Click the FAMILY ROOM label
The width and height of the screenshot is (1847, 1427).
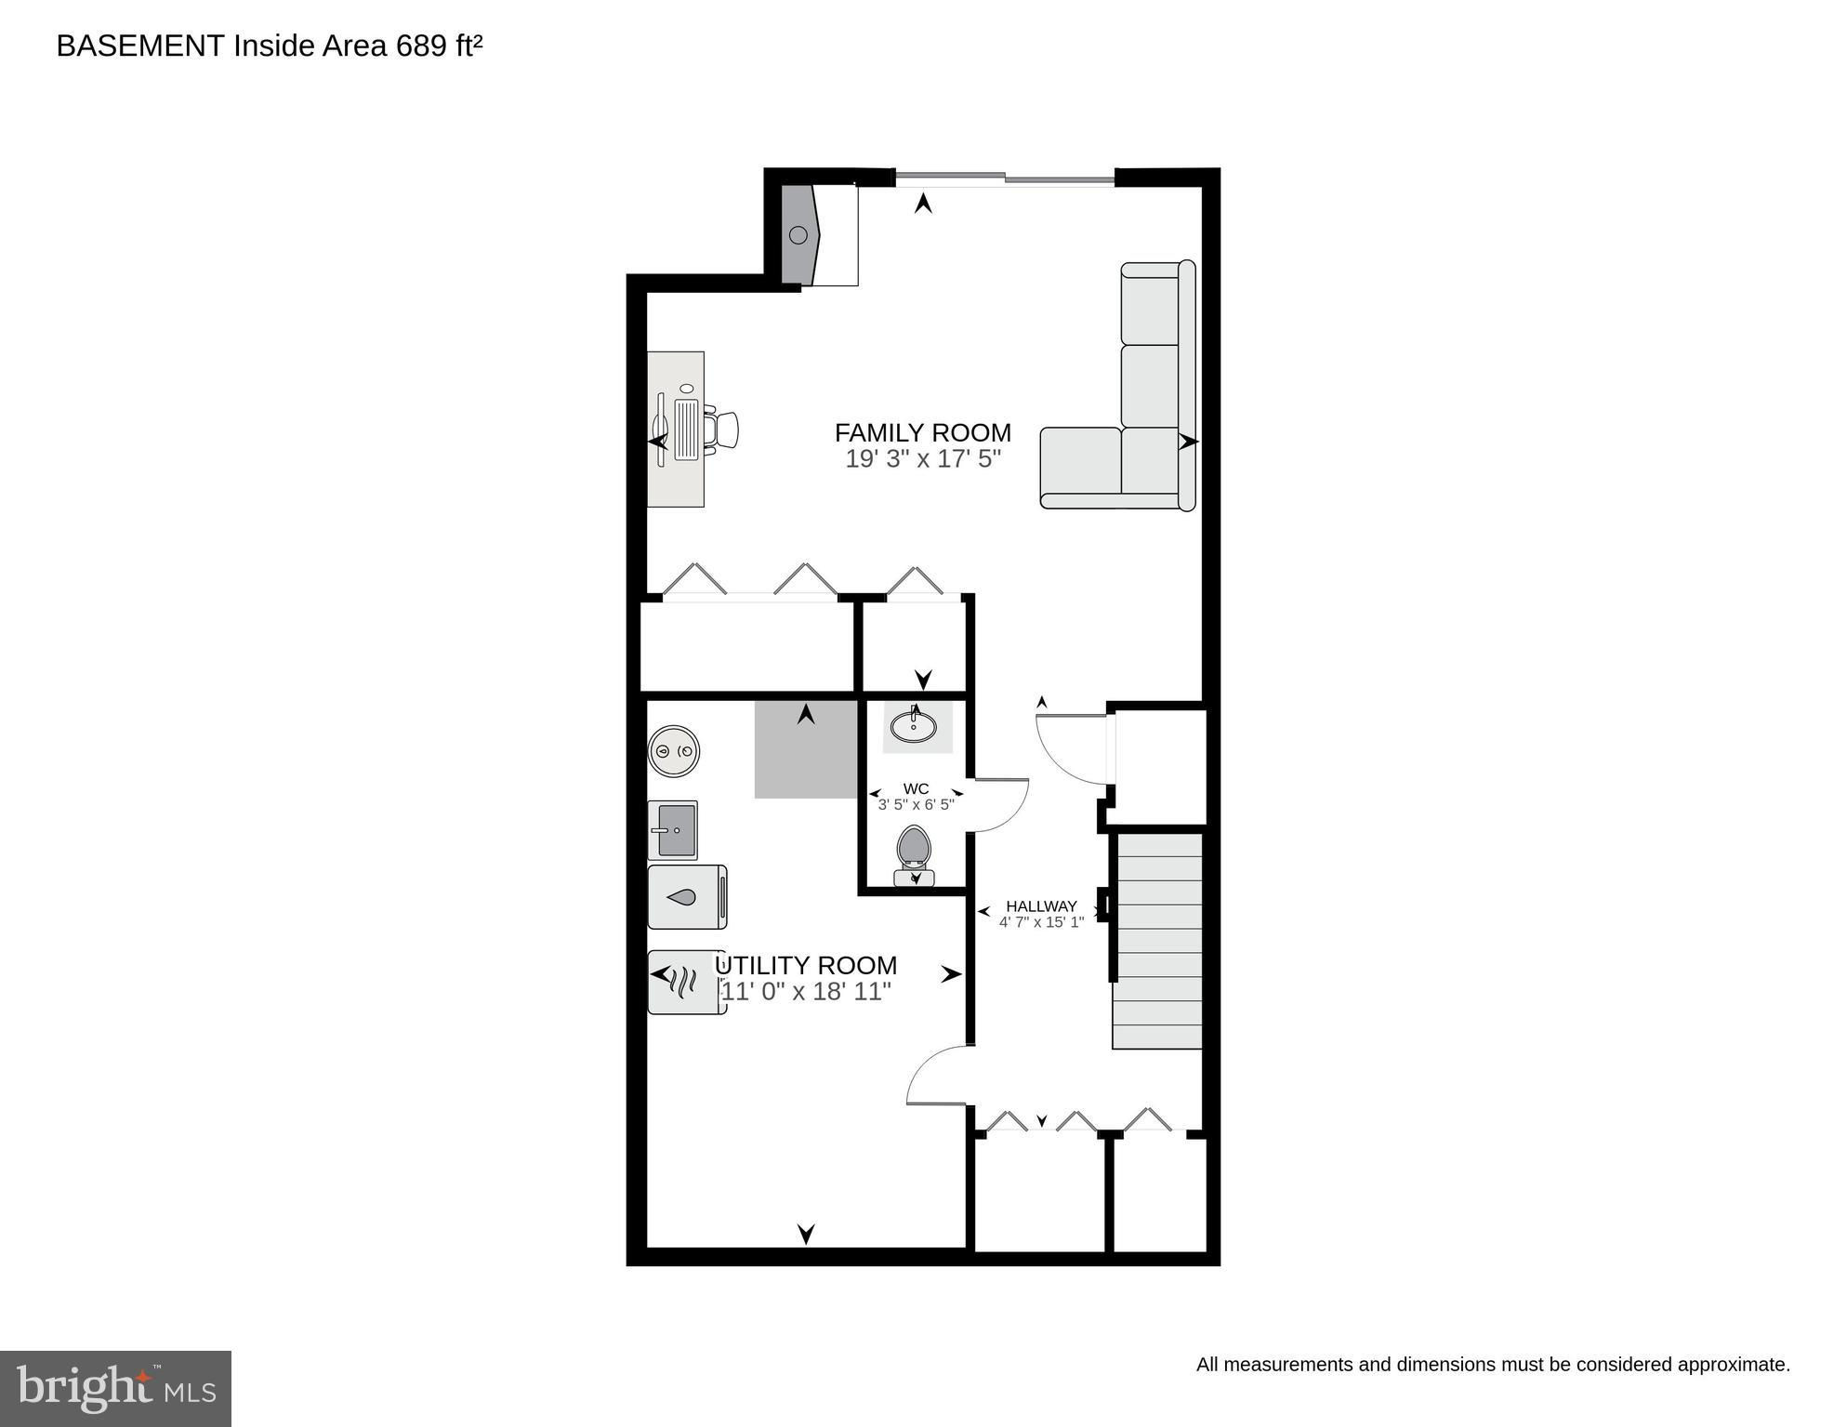(x=922, y=432)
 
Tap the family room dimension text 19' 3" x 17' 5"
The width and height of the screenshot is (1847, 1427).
(x=922, y=458)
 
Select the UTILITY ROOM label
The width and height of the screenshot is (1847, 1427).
(x=807, y=965)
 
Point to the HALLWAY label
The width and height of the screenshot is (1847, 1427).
(x=1041, y=905)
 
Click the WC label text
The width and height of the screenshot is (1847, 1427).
(x=916, y=788)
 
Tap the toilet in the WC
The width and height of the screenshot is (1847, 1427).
(x=915, y=853)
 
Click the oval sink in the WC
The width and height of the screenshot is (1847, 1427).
(x=914, y=725)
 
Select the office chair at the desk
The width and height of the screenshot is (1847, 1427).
(x=722, y=429)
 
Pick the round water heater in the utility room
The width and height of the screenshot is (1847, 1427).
(x=674, y=750)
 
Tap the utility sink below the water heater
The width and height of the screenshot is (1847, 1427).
(x=673, y=829)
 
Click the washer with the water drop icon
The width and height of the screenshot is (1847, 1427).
(x=687, y=897)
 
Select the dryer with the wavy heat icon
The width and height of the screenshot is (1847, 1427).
(x=687, y=981)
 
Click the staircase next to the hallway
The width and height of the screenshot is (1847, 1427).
(x=1158, y=941)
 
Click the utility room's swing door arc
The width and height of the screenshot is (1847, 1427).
(x=937, y=1077)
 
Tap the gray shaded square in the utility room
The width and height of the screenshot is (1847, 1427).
(x=805, y=749)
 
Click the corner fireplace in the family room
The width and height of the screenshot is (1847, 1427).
(x=800, y=235)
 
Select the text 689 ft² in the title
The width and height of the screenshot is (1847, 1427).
(x=439, y=46)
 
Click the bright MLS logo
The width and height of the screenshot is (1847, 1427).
(x=115, y=1388)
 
